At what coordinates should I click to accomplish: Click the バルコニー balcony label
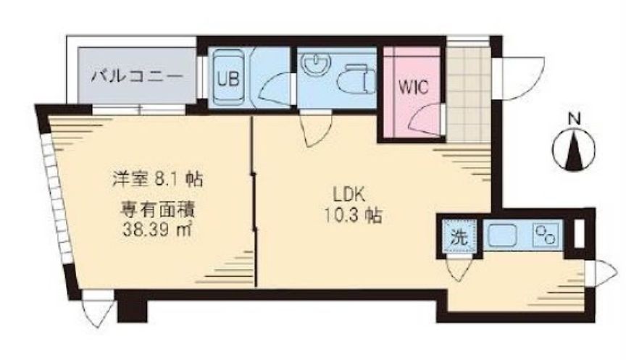pos(138,76)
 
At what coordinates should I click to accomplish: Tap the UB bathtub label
pos(228,79)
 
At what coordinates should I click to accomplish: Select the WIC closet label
pos(413,86)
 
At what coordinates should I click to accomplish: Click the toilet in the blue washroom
pos(356,78)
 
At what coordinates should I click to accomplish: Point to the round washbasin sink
pos(317,64)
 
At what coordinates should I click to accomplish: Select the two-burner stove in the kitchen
pos(546,235)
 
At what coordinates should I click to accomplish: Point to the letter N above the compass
pos(574,120)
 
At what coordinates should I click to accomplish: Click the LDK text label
pos(349,196)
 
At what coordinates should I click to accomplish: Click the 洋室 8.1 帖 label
pos(157,180)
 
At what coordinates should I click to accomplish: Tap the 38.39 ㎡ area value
pos(157,230)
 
